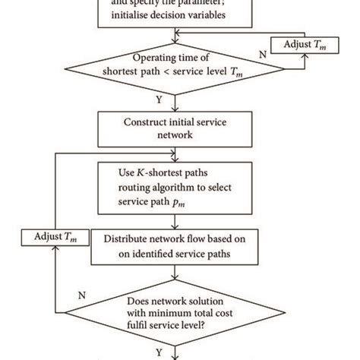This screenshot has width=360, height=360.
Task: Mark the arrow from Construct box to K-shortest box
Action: (176, 155)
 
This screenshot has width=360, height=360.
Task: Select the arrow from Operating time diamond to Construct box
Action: (176, 102)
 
